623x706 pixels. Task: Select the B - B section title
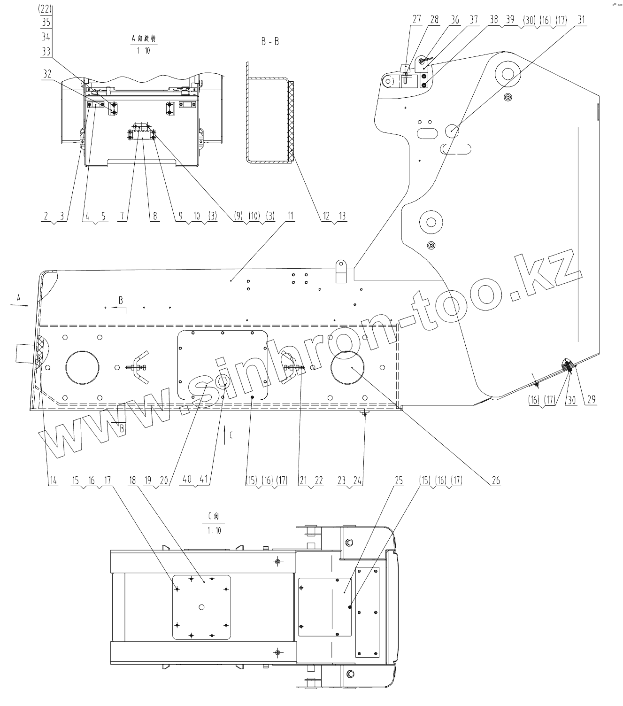[270, 42]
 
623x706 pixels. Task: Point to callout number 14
[53, 480]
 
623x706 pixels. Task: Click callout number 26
[496, 480]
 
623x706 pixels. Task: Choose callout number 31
[582, 20]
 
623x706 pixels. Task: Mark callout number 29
[591, 400]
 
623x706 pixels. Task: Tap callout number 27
[417, 20]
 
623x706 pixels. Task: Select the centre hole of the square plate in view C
[201, 607]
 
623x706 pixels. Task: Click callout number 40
[187, 480]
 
